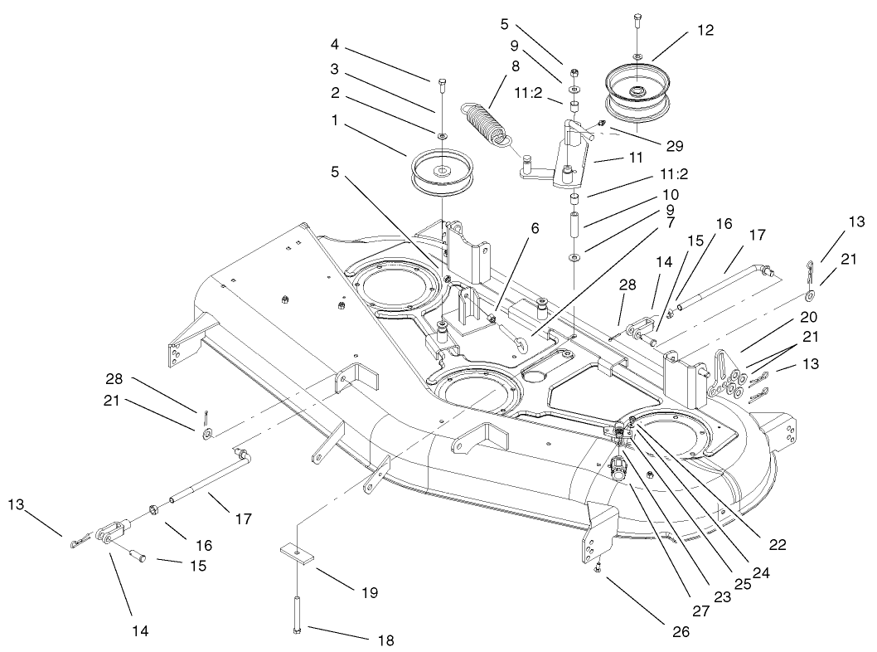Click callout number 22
coord(777,544)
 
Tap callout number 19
coord(370,592)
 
